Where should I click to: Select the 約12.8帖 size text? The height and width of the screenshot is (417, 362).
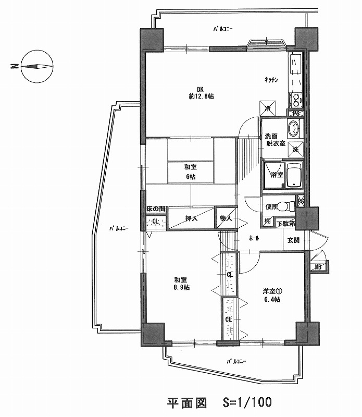(201, 96)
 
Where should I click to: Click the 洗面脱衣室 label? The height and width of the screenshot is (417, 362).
(274, 139)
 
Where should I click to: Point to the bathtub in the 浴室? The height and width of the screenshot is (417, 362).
(294, 175)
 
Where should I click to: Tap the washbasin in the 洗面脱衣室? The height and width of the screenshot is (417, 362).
(293, 127)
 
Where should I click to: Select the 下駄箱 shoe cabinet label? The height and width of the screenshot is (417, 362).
(285, 224)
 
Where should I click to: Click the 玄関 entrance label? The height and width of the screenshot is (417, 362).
(293, 240)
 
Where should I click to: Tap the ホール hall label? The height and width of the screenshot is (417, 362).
(254, 238)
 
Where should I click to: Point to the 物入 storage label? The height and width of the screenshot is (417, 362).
(226, 218)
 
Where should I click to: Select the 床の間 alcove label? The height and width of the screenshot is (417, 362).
(155, 208)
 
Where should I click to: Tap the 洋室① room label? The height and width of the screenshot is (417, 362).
(271, 291)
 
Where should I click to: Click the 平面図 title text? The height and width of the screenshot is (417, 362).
(187, 402)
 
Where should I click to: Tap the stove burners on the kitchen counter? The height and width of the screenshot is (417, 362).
(295, 99)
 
